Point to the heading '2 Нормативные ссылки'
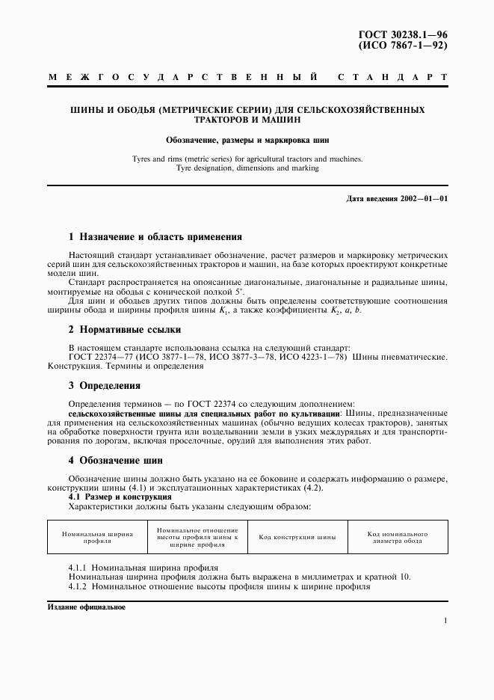click(x=125, y=330)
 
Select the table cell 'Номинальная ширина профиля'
click(x=98, y=538)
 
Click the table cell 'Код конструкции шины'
click(x=297, y=538)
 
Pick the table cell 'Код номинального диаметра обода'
click(x=397, y=538)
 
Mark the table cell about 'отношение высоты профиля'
click(x=197, y=538)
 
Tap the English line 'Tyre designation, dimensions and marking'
click(x=247, y=168)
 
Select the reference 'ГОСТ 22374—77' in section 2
click(x=98, y=357)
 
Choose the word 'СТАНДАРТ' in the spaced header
click(x=393, y=77)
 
